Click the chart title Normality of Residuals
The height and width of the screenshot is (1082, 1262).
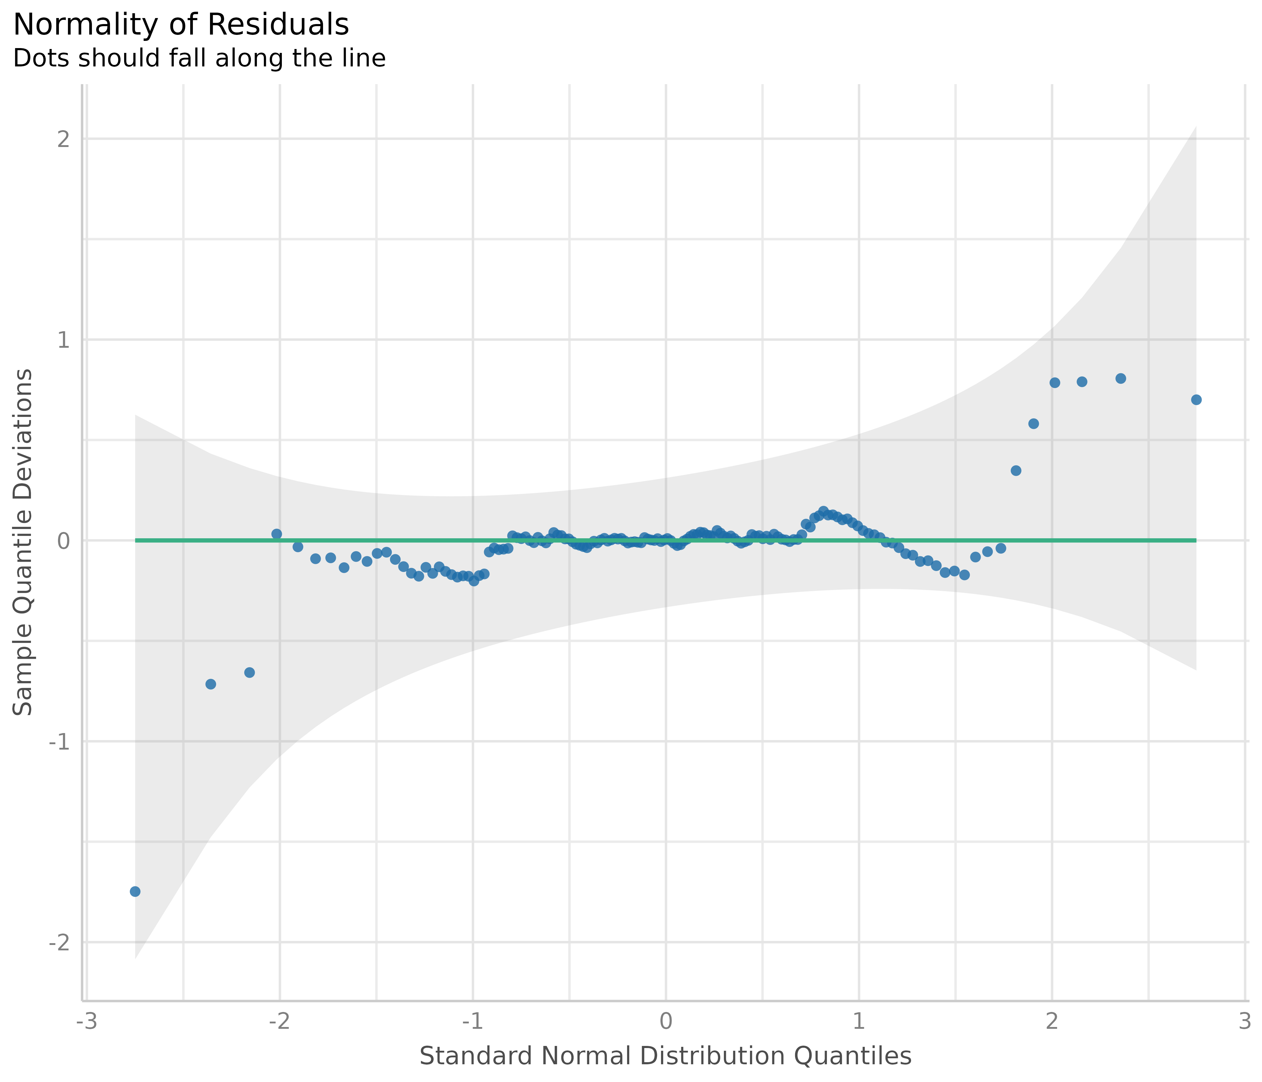pyautogui.click(x=181, y=26)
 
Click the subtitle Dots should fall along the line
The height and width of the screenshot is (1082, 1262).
pyautogui.click(x=199, y=59)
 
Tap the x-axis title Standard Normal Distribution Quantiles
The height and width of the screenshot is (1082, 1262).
pyautogui.click(x=665, y=1056)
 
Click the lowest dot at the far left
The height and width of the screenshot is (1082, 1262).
pyautogui.click(x=135, y=891)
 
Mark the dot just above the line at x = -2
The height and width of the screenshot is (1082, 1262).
pyautogui.click(x=276, y=534)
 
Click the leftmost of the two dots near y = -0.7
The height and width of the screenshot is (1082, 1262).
pyautogui.click(x=211, y=684)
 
